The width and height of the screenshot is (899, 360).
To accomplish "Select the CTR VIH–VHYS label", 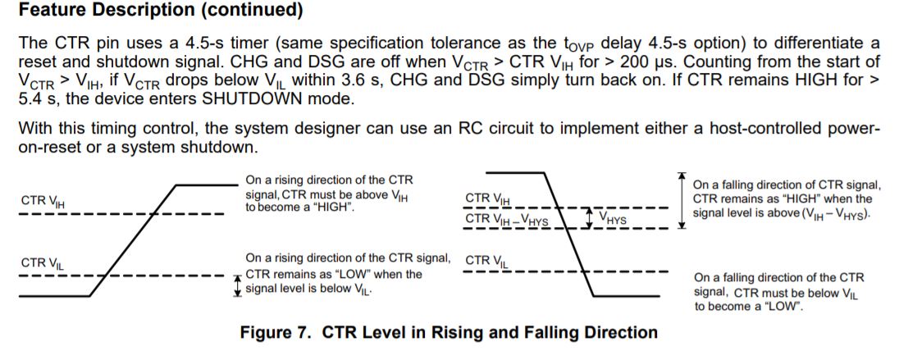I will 507,219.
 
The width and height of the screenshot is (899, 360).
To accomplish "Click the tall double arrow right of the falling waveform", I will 681,201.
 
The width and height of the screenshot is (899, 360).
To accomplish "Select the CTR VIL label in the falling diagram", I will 487,261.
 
